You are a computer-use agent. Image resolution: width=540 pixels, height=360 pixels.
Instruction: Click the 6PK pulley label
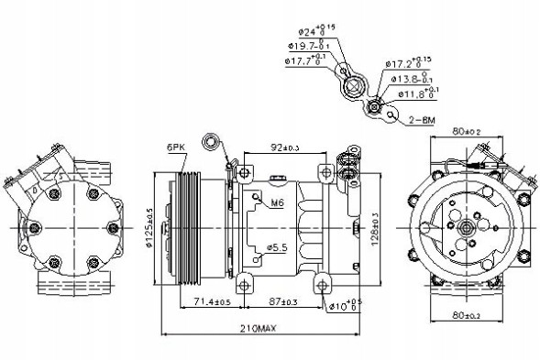coord(176,146)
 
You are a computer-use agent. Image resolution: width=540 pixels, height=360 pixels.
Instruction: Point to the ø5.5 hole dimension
coord(278,246)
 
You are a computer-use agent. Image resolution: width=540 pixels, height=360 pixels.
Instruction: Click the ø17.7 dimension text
coord(303,60)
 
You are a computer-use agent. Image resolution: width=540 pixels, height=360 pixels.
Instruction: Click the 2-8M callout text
coord(424,118)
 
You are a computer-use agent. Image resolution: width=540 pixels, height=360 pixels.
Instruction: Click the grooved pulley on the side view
coord(190,224)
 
